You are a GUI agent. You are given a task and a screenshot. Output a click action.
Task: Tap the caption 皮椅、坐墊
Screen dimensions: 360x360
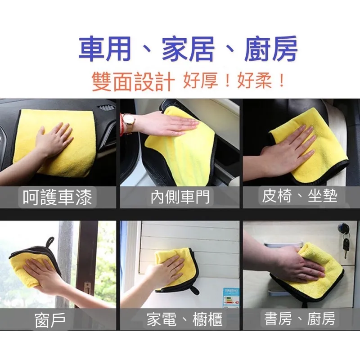coord(300,196)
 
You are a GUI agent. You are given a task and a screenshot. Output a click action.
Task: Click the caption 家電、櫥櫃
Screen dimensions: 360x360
coord(184,320)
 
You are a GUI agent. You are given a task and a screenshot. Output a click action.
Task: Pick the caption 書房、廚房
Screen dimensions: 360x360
coord(300,319)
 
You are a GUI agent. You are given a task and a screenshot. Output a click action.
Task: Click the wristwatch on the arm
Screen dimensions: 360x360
coord(129,122)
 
